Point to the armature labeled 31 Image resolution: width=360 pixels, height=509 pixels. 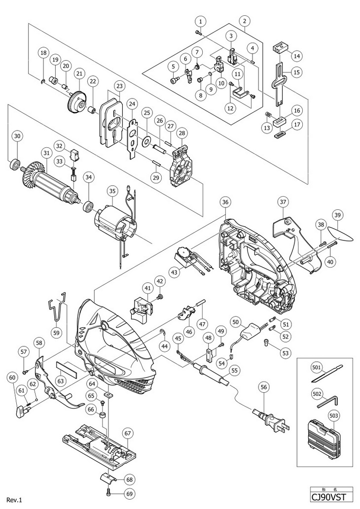50,177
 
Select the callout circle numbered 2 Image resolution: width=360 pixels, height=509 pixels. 244,21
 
